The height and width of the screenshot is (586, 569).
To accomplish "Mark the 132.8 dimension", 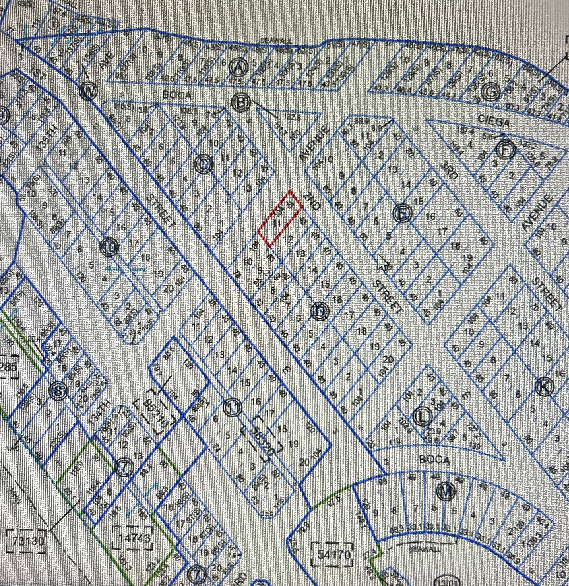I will (292, 117).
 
